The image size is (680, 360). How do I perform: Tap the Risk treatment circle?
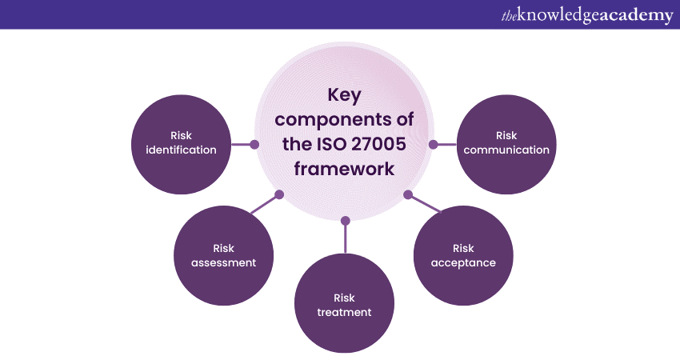click(x=344, y=304)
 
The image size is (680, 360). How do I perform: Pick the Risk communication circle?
click(x=506, y=144)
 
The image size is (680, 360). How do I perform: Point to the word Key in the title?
click(x=344, y=95)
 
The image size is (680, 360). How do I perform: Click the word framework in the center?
click(x=344, y=170)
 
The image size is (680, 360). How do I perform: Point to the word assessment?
click(x=224, y=262)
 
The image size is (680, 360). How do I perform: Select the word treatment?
click(x=344, y=312)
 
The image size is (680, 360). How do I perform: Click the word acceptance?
click(x=463, y=262)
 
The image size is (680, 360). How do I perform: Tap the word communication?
click(x=506, y=150)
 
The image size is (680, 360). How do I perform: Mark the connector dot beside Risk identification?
click(x=254, y=145)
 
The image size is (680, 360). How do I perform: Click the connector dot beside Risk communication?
click(x=433, y=145)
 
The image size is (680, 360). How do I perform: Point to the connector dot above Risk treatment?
click(x=345, y=219)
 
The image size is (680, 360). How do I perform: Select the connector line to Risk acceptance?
click(x=424, y=204)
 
